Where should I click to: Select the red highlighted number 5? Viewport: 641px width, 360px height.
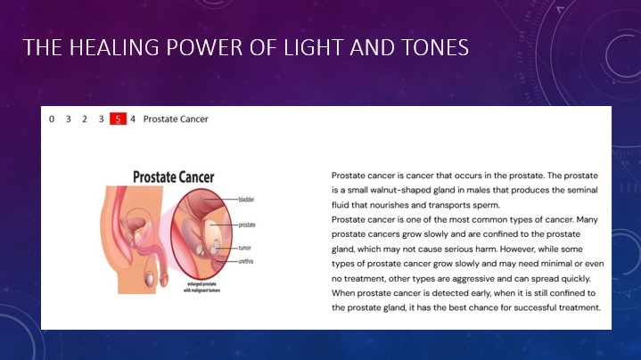[x=118, y=119]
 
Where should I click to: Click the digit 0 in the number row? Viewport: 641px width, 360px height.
[x=52, y=119]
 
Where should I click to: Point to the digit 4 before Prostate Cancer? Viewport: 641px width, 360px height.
[x=133, y=119]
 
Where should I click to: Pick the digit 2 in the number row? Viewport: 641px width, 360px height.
[x=85, y=119]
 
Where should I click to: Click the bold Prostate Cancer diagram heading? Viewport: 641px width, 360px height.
[x=173, y=177]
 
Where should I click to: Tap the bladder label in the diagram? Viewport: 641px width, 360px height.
[x=247, y=200]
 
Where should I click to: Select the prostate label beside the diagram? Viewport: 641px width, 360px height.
[x=247, y=225]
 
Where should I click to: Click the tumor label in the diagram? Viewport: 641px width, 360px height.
[x=245, y=248]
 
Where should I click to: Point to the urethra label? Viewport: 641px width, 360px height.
[x=246, y=261]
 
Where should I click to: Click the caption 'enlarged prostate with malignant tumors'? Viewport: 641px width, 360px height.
[x=202, y=287]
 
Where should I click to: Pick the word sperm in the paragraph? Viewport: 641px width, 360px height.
[x=488, y=205]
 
